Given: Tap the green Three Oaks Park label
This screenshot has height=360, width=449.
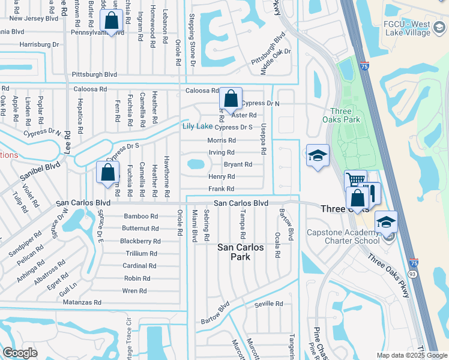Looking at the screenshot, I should click(345, 115).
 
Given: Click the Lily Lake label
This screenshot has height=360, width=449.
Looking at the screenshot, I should click(197, 126).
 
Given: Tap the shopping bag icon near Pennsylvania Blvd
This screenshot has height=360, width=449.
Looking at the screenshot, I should click(112, 20).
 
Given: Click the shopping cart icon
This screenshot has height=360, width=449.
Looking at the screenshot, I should click(355, 179).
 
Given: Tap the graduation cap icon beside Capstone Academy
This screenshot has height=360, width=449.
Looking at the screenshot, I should click(387, 221).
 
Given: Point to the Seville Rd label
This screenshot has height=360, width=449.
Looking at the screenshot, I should click(268, 304).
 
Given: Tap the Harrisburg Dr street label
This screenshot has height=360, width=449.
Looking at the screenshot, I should click(40, 44).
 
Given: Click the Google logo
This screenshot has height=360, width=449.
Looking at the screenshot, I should click(20, 352).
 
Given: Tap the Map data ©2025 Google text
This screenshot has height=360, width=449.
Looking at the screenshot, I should click(411, 355).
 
